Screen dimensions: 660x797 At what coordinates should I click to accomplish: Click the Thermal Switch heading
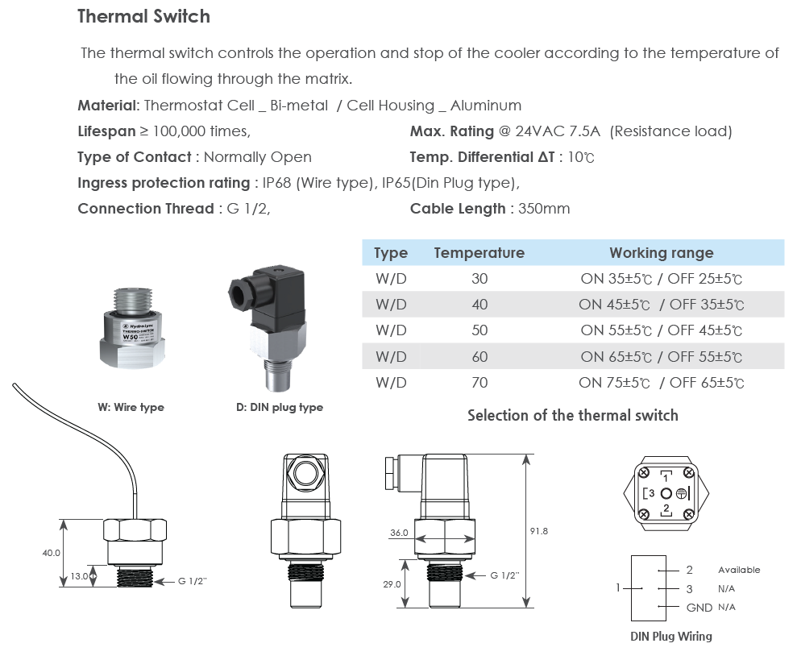click(143, 16)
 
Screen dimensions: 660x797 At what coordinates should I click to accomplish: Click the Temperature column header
click(479, 253)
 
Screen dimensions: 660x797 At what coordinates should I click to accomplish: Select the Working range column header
click(661, 253)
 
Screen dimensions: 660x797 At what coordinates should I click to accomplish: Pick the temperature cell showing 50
click(479, 330)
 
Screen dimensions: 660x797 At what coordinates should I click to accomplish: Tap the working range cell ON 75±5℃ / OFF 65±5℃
click(661, 383)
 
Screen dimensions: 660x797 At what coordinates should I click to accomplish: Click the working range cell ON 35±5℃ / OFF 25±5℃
click(661, 279)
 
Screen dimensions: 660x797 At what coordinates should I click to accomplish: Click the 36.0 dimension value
click(399, 533)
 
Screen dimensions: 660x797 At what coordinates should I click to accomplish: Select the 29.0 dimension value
click(392, 584)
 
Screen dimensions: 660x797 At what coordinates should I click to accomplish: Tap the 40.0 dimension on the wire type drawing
click(52, 553)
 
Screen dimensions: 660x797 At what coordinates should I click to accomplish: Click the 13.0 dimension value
click(79, 576)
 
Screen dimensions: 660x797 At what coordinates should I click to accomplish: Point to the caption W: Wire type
click(131, 407)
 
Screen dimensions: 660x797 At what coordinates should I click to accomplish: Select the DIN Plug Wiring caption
click(670, 636)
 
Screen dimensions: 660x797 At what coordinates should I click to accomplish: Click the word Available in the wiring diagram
click(738, 570)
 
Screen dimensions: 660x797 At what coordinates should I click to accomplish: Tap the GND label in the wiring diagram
click(699, 607)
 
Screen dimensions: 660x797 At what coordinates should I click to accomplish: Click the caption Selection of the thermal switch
click(572, 416)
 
